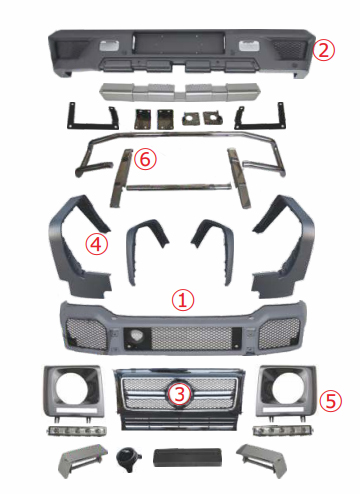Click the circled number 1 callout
(181, 298)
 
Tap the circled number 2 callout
(321, 49)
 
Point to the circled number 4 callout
(96, 244)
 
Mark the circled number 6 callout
(146, 159)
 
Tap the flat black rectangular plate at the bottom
(180, 459)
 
